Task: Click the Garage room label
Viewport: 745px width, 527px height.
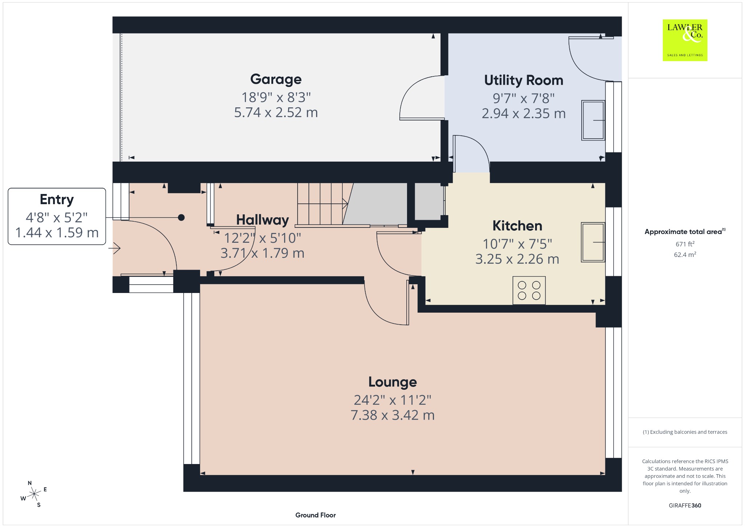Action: (276, 79)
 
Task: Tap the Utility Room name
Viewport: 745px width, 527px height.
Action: (523, 80)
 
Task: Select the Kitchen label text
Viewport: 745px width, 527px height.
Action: (517, 226)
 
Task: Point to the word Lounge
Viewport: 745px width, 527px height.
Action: (393, 382)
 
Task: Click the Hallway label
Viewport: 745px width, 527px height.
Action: (262, 220)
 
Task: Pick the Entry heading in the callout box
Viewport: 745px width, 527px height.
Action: (57, 200)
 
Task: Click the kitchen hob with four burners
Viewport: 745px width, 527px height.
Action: (529, 290)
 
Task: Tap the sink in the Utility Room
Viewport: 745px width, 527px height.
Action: (593, 120)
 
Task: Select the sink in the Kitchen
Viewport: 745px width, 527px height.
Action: (593, 242)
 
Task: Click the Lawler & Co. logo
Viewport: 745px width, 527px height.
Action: (685, 40)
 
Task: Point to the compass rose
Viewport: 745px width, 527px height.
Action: (34, 494)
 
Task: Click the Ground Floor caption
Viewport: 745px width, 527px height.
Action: (315, 515)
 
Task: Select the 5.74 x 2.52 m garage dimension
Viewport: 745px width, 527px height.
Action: (276, 112)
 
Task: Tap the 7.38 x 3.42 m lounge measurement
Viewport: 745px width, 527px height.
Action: (393, 415)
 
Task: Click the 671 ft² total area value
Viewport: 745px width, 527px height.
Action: (685, 244)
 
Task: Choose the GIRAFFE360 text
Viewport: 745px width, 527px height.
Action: (685, 506)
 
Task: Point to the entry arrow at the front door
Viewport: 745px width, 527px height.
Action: (117, 249)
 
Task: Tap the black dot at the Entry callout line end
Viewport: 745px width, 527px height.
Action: (181, 218)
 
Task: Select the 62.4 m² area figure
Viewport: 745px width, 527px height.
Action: (685, 254)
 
